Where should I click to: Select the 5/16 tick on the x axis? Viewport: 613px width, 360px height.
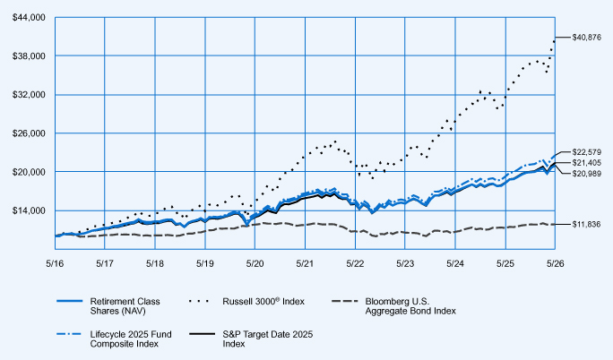pyautogui.click(x=55, y=264)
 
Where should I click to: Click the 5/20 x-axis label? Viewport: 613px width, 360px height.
pyautogui.click(x=255, y=264)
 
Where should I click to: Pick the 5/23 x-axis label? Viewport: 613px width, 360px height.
pyautogui.click(x=405, y=264)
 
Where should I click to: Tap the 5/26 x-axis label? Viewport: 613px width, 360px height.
pyautogui.click(x=555, y=264)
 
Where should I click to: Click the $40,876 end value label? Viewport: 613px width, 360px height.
pyautogui.click(x=586, y=38)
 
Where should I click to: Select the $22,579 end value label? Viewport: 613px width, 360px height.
pyautogui.click(x=586, y=152)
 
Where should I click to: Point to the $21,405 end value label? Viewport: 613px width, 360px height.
pyautogui.click(x=586, y=163)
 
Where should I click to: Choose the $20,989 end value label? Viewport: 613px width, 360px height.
pyautogui.click(x=586, y=174)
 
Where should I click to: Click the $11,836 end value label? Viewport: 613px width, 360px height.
pyautogui.click(x=586, y=225)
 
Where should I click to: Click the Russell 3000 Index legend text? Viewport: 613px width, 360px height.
pyautogui.click(x=263, y=301)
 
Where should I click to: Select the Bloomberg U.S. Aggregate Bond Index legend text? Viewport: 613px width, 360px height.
pyautogui.click(x=410, y=306)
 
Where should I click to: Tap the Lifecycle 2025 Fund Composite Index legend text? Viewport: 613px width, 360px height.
pyautogui.click(x=131, y=339)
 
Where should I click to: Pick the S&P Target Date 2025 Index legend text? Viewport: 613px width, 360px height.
pyautogui.click(x=268, y=339)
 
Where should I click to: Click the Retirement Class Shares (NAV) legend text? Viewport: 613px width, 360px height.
pyautogui.click(x=125, y=306)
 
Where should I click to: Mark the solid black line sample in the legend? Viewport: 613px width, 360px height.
pyautogui.click(x=203, y=334)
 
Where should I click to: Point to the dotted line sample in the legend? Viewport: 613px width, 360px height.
pyautogui.click(x=199, y=301)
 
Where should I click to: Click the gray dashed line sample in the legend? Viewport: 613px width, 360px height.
pyautogui.click(x=345, y=301)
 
